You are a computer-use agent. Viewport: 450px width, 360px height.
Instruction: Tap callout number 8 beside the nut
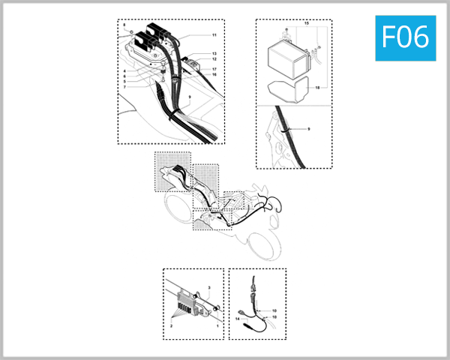(124, 25)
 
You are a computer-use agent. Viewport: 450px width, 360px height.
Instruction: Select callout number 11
(214, 35)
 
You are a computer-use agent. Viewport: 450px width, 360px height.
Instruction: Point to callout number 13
(214, 54)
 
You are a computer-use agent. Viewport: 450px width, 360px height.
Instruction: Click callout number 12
(214, 59)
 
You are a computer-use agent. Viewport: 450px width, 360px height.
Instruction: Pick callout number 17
(214, 69)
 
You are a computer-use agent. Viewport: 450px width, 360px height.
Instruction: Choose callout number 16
(214, 75)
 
